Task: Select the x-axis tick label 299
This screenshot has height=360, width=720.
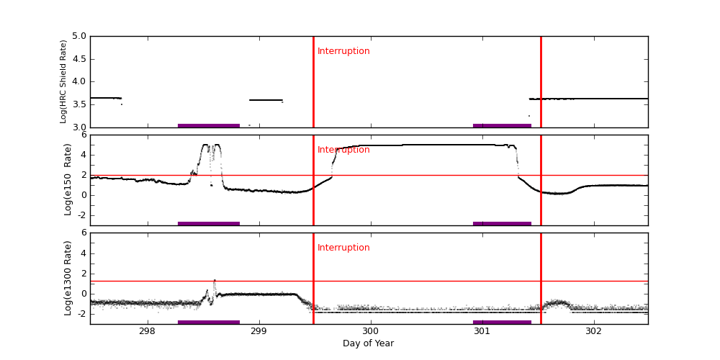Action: coord(258,331)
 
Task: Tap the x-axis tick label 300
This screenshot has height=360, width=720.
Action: coord(370,331)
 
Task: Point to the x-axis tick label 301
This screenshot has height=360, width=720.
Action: coord(482,331)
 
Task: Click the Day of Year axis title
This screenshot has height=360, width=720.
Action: coord(368,343)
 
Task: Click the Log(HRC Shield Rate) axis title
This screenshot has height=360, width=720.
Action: coord(63,81)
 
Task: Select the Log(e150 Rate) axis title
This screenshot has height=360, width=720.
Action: coord(68,179)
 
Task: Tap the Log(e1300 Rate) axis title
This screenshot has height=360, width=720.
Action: coord(68,278)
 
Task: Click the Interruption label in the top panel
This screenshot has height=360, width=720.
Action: coord(343,51)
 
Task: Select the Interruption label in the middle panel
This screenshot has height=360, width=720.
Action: coord(343,150)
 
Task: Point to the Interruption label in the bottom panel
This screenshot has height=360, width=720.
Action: coord(343,248)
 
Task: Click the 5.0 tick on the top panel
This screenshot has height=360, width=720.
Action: coord(78,36)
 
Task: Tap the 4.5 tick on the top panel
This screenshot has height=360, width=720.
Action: coord(78,59)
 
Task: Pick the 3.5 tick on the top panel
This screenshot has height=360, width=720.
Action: coord(78,104)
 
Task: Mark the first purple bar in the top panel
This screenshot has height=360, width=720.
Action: coord(209,125)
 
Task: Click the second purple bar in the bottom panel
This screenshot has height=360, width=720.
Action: coord(502,322)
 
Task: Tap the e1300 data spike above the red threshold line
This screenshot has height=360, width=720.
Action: coord(214,280)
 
